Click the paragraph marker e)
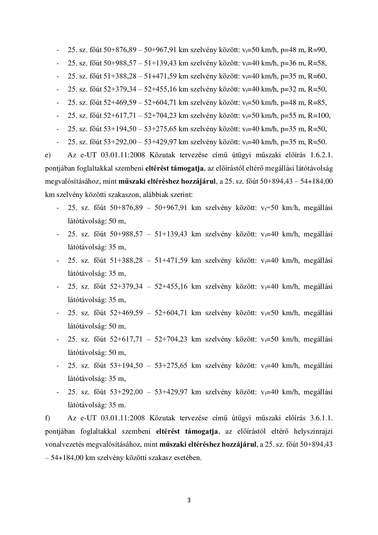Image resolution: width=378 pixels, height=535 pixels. (48, 155)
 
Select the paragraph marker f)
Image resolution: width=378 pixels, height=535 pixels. (48, 418)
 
